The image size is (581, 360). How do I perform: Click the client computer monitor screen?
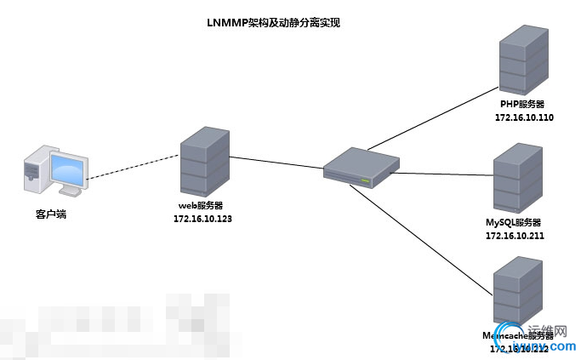(69, 171)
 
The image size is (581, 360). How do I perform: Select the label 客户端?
(50, 214)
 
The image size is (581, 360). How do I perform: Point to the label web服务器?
(201, 206)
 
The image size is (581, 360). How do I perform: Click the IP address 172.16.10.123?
(202, 219)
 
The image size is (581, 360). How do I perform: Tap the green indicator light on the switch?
(365, 180)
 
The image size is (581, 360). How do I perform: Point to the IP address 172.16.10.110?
(524, 117)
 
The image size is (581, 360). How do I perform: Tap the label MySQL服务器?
(513, 222)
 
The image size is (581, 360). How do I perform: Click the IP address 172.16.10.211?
(514, 236)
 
